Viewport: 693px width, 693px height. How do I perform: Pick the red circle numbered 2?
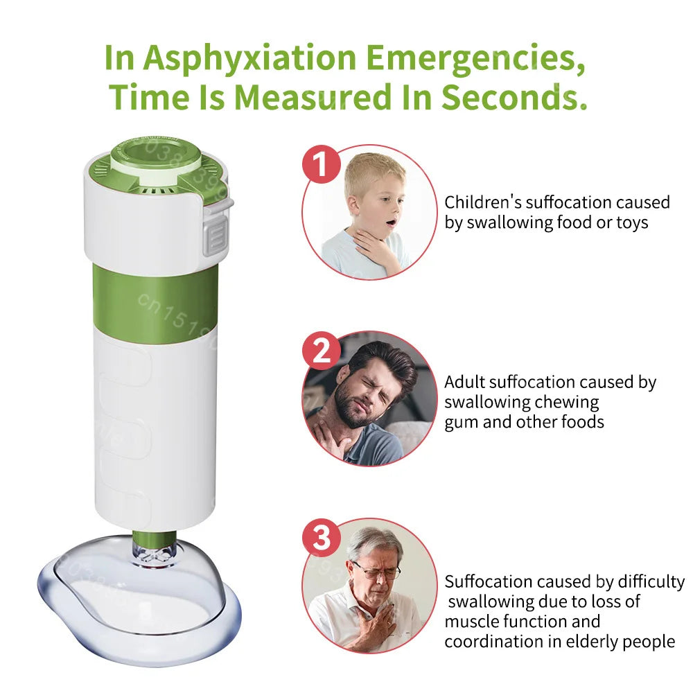322,351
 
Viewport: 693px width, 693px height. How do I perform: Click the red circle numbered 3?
322,536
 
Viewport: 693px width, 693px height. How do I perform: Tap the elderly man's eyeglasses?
376,571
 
